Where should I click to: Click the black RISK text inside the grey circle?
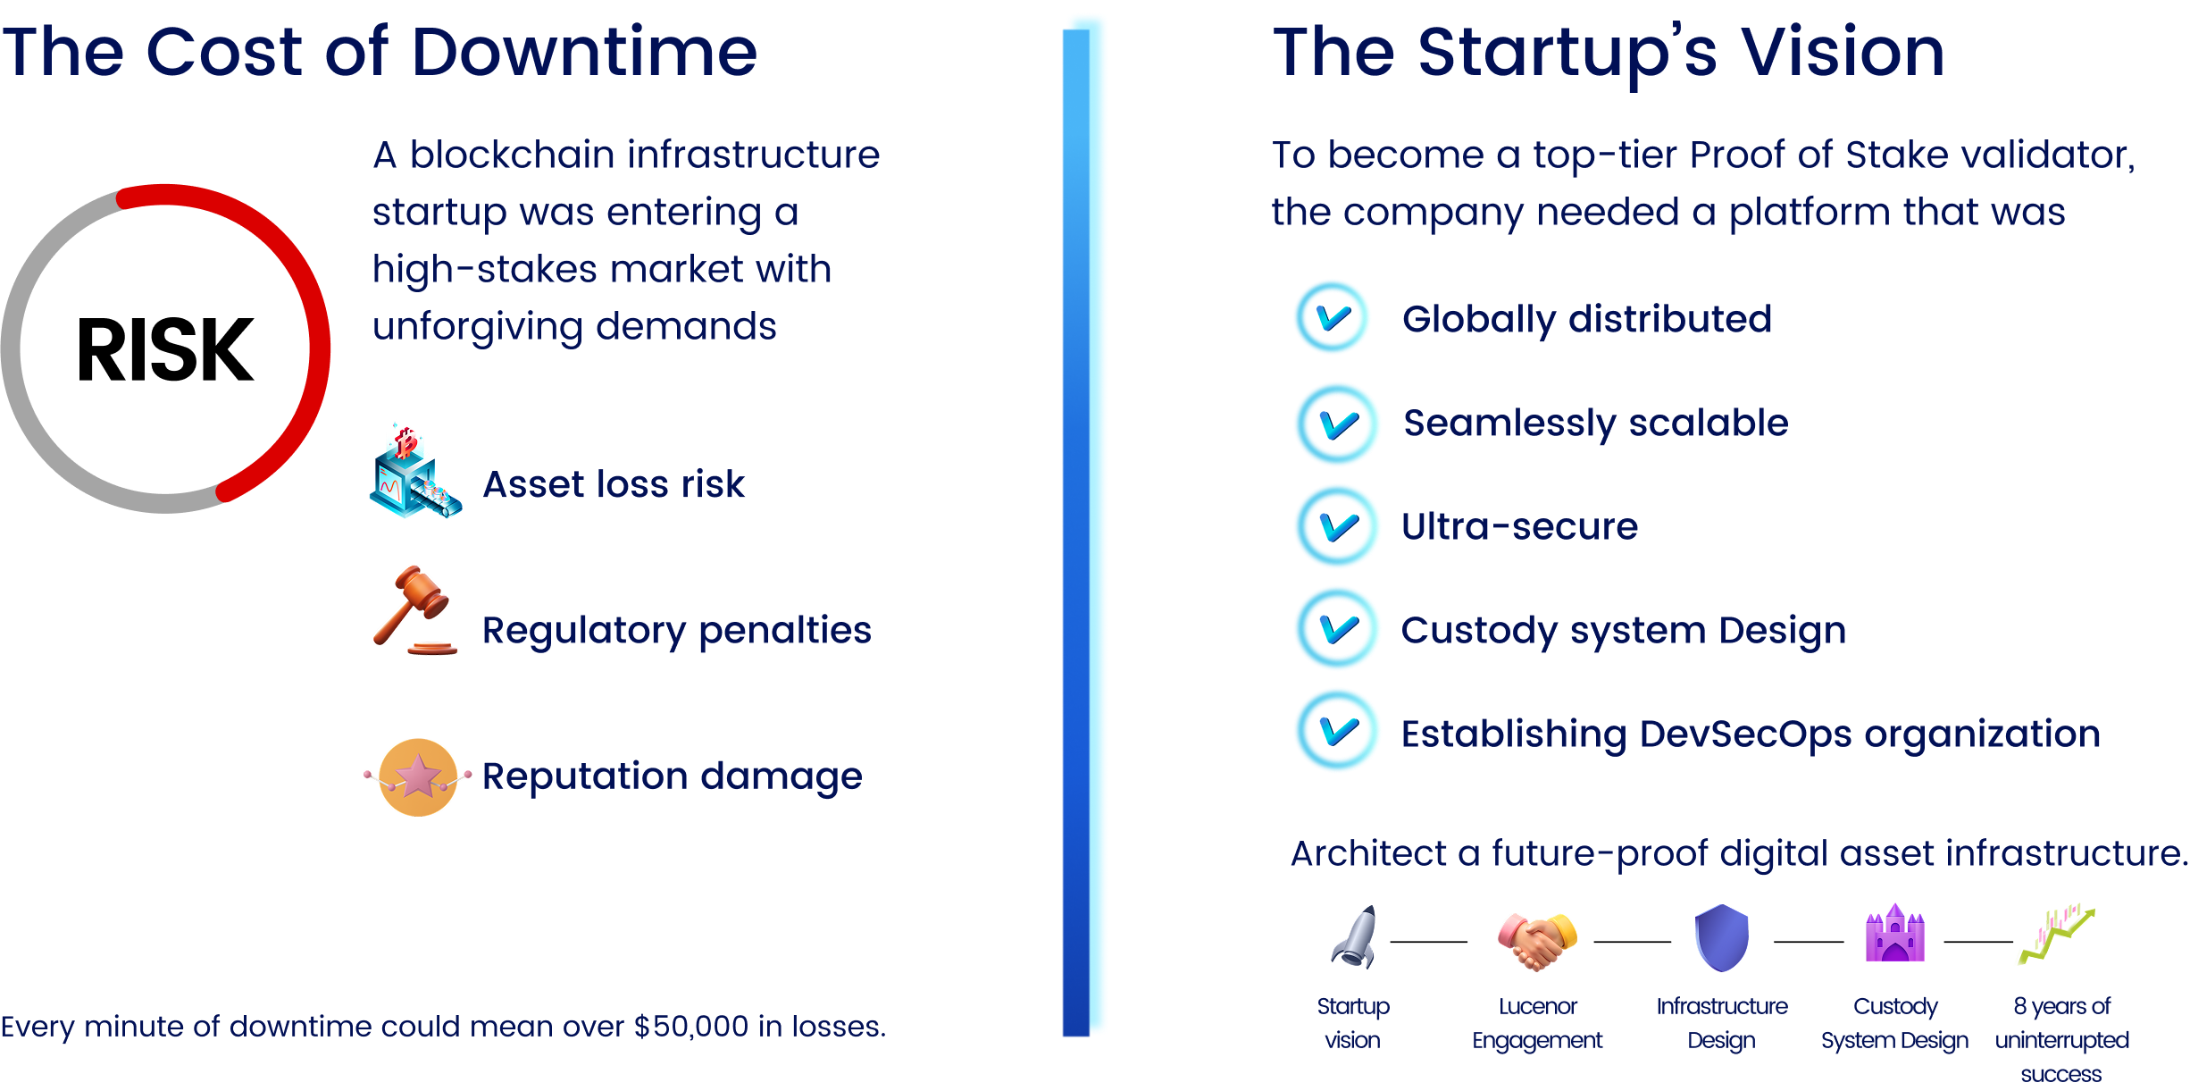pos(165,348)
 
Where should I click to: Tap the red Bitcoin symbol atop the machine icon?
pos(407,443)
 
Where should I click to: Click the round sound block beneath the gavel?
pos(432,648)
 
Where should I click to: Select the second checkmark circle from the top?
pos(1337,424)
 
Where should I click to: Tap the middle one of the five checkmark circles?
pos(1336,525)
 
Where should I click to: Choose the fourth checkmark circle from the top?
pos(1337,627)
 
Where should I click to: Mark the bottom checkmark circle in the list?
pos(1337,729)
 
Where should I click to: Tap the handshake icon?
pos(1536,941)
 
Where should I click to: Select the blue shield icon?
pos(1721,938)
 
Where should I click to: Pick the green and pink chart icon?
pos(2052,938)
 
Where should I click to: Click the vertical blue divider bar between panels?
pos(1083,536)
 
